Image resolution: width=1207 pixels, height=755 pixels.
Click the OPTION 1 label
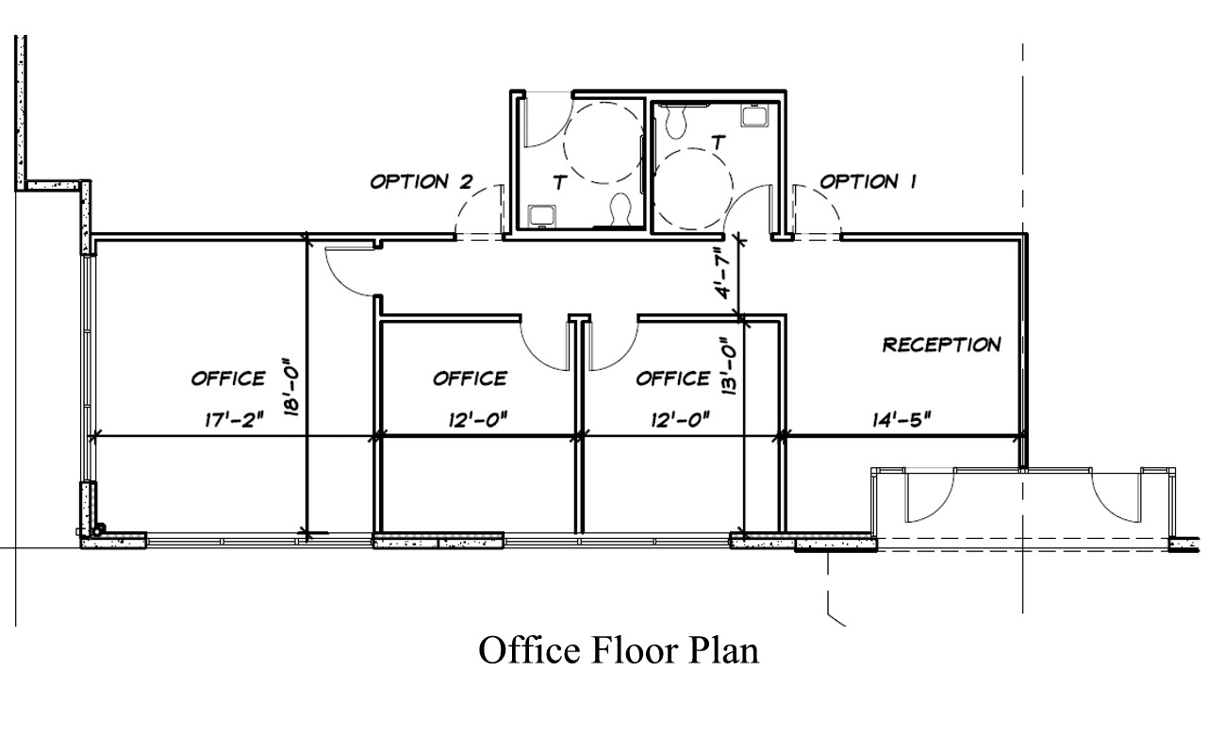[868, 181]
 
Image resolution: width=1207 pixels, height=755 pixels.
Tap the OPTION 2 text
[421, 181]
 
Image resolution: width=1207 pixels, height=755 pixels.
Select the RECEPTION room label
[941, 344]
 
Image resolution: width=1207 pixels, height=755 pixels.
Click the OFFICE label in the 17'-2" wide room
[228, 378]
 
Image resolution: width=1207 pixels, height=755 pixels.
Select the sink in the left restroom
[541, 214]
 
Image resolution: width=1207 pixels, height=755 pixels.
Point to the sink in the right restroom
[754, 115]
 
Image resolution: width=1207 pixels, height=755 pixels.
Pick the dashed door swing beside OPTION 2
[479, 212]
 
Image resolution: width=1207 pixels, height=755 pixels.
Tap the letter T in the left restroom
[559, 184]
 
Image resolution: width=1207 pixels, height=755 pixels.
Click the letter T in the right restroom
[719, 143]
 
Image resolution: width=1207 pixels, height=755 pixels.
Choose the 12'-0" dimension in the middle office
[478, 421]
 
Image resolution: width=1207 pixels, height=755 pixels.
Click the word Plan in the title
[721, 650]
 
